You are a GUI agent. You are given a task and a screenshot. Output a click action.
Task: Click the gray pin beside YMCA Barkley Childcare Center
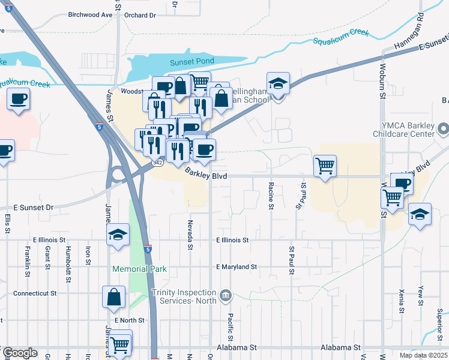click(444, 128)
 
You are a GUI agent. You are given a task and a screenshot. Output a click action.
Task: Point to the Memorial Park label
click(139, 269)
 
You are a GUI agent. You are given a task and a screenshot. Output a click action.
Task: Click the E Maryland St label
click(237, 266)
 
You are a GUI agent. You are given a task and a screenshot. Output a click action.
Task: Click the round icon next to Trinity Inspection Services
click(226, 295)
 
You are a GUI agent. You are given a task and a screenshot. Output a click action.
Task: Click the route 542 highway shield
click(157, 163)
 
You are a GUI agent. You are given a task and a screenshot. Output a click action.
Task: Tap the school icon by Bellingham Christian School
click(279, 85)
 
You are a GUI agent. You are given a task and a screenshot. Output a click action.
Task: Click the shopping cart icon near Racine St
click(325, 166)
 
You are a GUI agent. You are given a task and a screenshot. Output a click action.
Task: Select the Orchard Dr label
click(141, 14)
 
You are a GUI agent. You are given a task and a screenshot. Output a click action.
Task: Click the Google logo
click(20, 353)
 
